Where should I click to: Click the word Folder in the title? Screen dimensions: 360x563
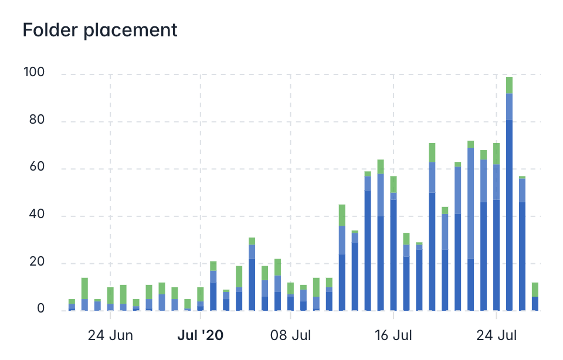click(48, 30)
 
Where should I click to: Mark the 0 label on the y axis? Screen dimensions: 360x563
click(41, 309)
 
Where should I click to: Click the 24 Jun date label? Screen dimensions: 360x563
click(110, 336)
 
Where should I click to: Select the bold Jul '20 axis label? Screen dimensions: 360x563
click(201, 336)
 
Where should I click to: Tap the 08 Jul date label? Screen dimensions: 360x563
click(290, 336)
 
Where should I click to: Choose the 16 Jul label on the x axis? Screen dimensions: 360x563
click(394, 336)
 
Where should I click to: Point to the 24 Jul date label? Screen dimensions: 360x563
click(496, 336)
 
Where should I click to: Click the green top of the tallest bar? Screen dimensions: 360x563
click(509, 85)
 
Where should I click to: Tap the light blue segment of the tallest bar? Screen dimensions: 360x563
click(509, 106)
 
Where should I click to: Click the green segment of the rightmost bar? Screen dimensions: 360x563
click(535, 289)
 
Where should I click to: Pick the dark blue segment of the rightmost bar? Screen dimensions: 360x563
click(535, 303)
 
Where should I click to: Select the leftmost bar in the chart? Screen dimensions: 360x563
click(72, 304)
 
